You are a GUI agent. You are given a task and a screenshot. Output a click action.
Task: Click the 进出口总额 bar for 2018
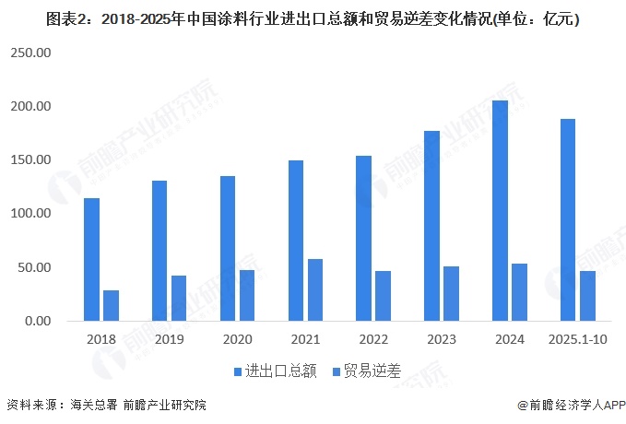(92, 259)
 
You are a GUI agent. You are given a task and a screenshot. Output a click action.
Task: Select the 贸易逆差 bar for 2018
(111, 305)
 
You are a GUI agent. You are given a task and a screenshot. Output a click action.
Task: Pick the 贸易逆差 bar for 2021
(315, 289)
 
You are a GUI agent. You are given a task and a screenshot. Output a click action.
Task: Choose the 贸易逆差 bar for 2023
(451, 293)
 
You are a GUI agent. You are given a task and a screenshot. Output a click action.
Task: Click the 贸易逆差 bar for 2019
(179, 298)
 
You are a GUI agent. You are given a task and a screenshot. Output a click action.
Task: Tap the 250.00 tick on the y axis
(31, 53)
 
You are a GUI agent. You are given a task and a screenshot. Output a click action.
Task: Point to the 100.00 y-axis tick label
(31, 214)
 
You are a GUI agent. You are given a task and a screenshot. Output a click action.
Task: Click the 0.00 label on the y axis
(38, 321)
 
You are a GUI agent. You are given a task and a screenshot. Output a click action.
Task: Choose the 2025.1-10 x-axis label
(578, 339)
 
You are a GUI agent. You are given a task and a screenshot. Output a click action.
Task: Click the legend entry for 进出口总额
(274, 371)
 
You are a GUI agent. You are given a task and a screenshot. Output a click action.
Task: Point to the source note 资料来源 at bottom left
(106, 405)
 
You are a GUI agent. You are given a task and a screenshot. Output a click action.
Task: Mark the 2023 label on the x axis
(443, 339)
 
